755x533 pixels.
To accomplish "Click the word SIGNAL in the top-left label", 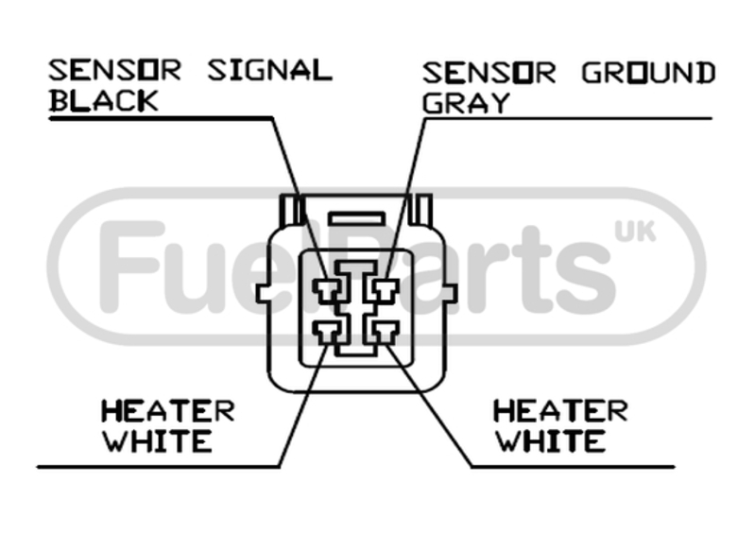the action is (270, 70).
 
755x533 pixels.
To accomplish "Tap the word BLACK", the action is (104, 100).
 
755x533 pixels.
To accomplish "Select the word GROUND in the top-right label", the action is (648, 73).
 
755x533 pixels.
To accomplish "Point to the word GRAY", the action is (466, 103).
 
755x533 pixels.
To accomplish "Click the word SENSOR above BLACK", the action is (114, 70).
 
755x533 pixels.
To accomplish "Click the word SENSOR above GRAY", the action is (489, 73).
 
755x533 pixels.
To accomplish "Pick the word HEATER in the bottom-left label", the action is (167, 411).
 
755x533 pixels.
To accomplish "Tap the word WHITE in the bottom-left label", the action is (158, 441).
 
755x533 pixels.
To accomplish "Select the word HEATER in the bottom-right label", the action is (560, 411).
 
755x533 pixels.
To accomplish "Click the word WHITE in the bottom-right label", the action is (551, 441).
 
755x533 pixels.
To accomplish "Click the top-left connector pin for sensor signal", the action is (328, 290).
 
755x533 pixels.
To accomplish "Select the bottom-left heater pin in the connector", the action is (328, 333).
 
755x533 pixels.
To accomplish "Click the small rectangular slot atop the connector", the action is (357, 219).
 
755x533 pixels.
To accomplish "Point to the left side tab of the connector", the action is (263, 293).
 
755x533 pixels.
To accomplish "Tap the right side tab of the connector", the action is (450, 293).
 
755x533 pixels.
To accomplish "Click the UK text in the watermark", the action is (635, 232).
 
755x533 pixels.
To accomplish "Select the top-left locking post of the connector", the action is (291, 210).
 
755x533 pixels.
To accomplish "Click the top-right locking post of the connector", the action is (420, 210).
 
